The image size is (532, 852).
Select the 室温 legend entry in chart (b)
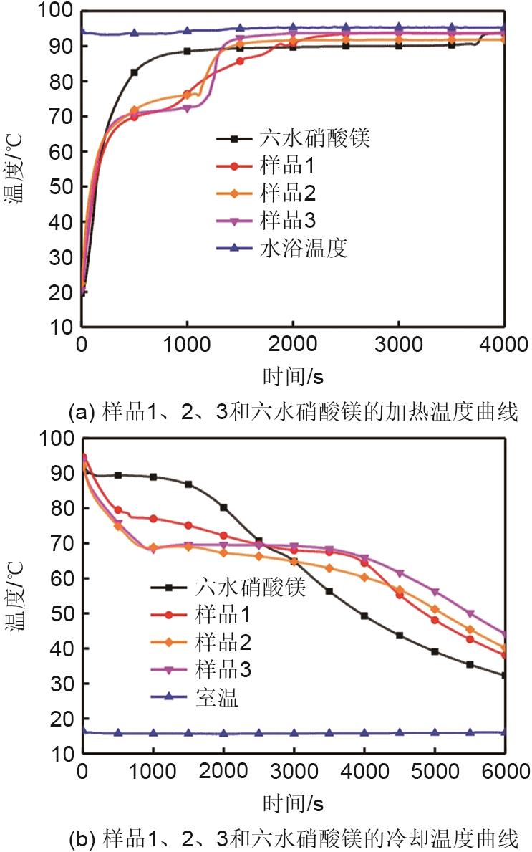click(x=215, y=697)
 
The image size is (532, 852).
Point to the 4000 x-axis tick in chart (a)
click(x=504, y=344)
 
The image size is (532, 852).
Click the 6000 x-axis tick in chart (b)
click(x=504, y=771)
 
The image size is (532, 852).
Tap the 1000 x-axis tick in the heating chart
click(x=187, y=344)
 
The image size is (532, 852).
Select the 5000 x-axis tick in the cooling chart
click(x=434, y=771)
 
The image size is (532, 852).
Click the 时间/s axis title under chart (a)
click(x=294, y=375)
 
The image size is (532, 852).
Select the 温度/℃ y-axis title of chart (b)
click(x=16, y=595)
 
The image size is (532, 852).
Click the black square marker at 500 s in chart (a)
click(x=134, y=72)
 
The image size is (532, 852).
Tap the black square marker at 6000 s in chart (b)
click(x=504, y=675)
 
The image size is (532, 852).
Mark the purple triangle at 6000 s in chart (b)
click(x=504, y=635)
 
